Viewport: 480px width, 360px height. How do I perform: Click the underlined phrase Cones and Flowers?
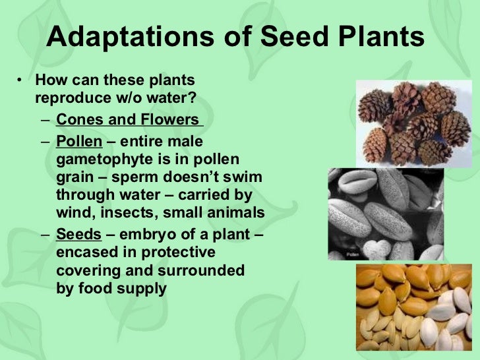(x=128, y=120)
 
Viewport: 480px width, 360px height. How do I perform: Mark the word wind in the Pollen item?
(x=72, y=213)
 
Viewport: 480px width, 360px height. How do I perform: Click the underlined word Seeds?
(x=78, y=235)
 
